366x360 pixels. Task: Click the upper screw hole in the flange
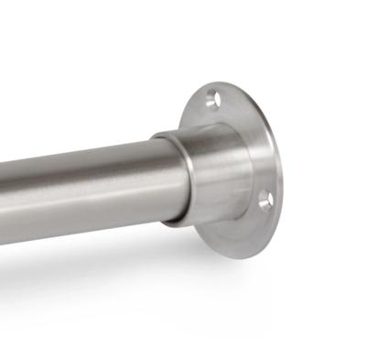click(212, 98)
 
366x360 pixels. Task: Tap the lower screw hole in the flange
click(266, 201)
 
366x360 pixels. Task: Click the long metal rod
click(82, 183)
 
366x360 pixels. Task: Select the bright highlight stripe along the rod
click(82, 169)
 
